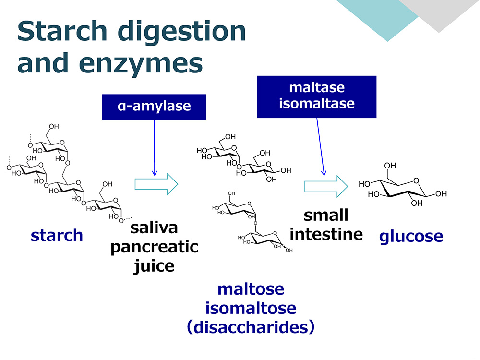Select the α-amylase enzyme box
coord(154,107)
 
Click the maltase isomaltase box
coord(316,97)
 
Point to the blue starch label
coord(57,235)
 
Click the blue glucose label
coord(411,236)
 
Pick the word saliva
coord(154,228)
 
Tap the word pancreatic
coord(154,247)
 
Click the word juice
coord(154,266)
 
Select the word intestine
coord(326,235)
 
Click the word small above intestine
coord(326,215)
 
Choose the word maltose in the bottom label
coord(251,289)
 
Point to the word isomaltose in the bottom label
coord(251,308)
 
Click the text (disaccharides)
coord(251,327)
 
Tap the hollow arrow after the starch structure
coord(156,184)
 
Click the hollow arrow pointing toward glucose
coord(326,186)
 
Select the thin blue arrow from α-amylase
coord(154,148)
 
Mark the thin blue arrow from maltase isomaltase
coord(320,146)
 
